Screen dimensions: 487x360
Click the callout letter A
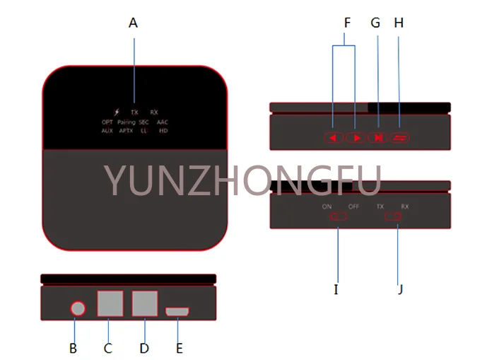tap(133, 23)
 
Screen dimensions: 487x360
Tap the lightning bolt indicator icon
tap(117, 112)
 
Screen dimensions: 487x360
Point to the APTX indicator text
tap(127, 131)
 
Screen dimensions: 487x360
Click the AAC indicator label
tap(163, 122)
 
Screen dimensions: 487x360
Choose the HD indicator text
tap(163, 131)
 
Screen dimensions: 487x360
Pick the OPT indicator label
tap(107, 122)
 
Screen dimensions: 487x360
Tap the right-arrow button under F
tap(356, 138)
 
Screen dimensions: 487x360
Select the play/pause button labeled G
tap(378, 138)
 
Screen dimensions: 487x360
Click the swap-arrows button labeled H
tap(399, 138)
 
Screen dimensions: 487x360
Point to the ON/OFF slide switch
tap(339, 216)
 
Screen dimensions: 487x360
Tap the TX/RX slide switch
tap(393, 216)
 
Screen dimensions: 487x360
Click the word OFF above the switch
tap(353, 207)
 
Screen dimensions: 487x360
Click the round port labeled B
tap(78, 309)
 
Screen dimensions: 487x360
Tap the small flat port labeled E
tap(177, 312)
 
